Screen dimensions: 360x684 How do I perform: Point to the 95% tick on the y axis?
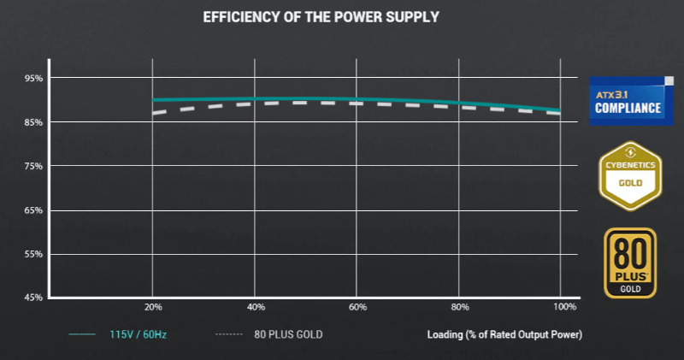32,79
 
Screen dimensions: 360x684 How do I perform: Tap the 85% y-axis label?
32,122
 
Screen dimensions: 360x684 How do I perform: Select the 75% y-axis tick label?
32,166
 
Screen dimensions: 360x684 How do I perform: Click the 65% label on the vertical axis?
32,210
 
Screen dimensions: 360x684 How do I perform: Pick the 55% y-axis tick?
32,254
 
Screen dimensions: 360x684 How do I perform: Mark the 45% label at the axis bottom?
32,298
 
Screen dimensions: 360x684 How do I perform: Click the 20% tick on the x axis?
153,307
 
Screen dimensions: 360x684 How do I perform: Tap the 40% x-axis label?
256,307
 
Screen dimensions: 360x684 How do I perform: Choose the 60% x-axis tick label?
358,307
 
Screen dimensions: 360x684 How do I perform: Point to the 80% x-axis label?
461,307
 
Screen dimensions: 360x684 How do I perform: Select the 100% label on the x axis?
564,307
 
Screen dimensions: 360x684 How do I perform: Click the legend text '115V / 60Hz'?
138,333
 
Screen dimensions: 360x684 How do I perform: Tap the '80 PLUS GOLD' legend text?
288,333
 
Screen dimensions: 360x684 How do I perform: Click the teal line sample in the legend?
81,334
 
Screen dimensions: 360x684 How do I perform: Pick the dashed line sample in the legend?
229,334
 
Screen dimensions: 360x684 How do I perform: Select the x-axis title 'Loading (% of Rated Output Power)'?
504,333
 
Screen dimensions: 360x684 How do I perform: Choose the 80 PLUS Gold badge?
630,263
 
